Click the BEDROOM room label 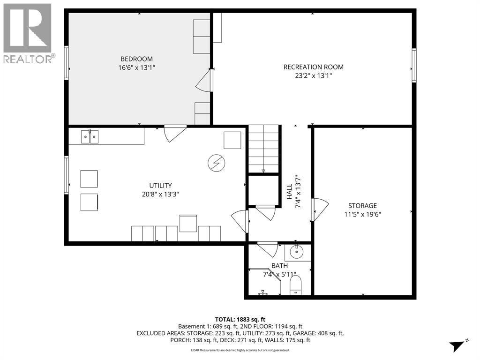[136, 59]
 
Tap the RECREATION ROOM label [314, 67]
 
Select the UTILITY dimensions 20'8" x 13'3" [161, 194]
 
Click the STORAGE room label [362, 205]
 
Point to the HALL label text [290, 192]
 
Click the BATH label [279, 266]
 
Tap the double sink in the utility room [90, 137]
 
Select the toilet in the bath [296, 285]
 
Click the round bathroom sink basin [297, 252]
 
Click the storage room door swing [320, 210]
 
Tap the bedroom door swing [204, 81]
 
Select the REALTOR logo [28, 33]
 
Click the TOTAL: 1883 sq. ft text [240, 319]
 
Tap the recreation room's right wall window [414, 66]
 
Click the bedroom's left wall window [67, 62]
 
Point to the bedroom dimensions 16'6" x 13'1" [136, 67]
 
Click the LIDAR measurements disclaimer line [240, 350]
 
